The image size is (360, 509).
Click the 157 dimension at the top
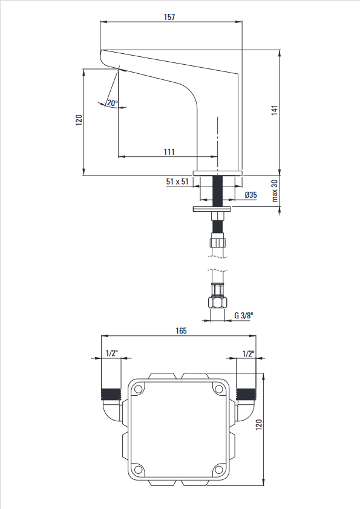click(169, 17)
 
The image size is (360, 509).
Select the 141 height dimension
click(275, 110)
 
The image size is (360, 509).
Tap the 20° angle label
click(113, 103)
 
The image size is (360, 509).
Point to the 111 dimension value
click(169, 151)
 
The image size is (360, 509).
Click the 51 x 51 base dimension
click(177, 181)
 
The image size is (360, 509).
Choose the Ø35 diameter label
click(251, 195)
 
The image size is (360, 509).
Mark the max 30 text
click(275, 191)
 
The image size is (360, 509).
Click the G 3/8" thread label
click(243, 315)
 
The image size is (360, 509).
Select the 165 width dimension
click(181, 330)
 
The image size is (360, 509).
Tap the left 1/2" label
click(112, 353)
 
